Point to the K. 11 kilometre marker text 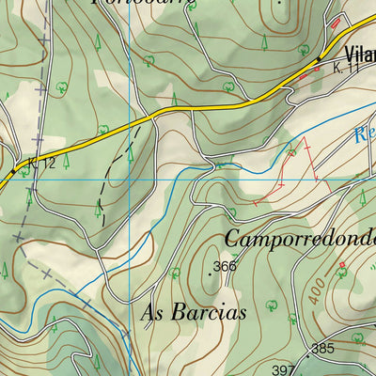pos(348,69)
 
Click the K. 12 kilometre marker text pos(43,163)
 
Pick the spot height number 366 pos(226,266)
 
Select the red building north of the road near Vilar pos(333,21)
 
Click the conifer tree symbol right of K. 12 pos(68,161)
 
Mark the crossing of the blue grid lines pos(130,178)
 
